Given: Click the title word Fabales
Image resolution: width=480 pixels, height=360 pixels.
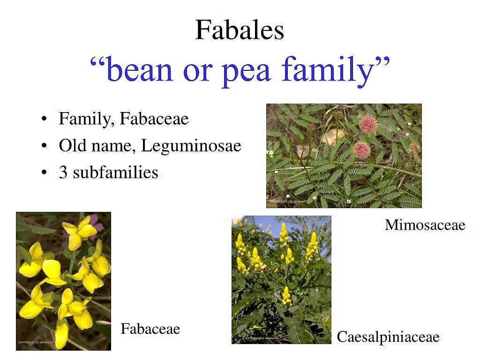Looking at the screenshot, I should coord(240,30).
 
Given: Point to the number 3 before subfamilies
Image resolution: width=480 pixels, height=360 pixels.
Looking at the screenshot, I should coord(63,173).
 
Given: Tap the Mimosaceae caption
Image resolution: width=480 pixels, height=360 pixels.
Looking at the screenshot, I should coord(425,225).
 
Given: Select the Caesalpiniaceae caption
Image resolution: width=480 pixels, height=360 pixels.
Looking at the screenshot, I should coord(388,337).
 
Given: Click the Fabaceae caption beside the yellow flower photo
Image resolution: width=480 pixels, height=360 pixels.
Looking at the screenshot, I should coord(150,329).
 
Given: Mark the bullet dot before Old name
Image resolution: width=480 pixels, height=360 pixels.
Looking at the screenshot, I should coord(44,147).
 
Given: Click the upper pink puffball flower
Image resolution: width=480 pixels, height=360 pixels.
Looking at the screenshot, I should coord(368,123).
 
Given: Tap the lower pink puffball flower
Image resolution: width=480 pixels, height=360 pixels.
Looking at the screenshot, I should coord(361,150).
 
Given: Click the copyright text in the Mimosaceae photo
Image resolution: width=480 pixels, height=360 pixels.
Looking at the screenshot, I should coord(288,201).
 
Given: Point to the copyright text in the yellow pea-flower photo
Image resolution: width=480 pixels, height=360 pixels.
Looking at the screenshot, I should coord(37,343).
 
